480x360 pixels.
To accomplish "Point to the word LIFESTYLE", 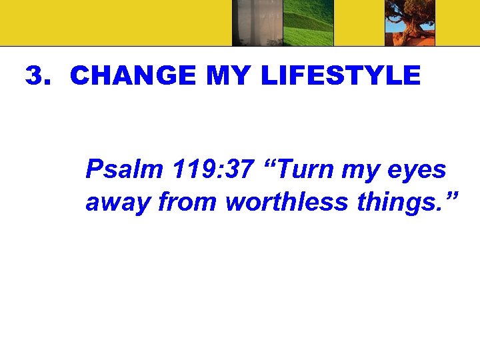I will pos(340,76).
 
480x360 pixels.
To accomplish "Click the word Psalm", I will pos(124,170).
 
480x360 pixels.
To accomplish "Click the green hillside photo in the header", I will pos(309,23).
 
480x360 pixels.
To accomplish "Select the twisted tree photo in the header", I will pos(411,23).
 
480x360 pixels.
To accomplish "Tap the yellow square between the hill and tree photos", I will pos(359,23).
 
